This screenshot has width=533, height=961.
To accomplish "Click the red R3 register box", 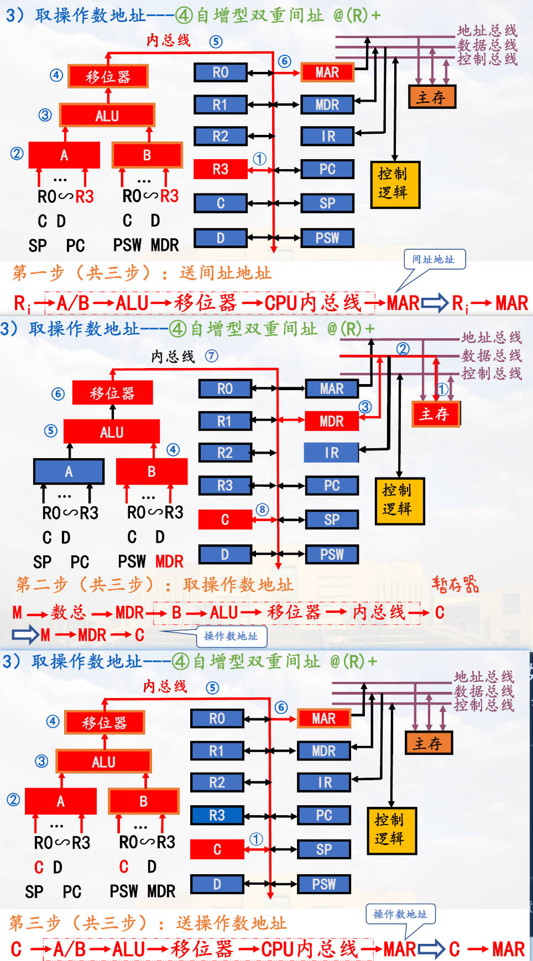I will point(220,169).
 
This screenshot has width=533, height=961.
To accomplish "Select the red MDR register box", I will point(331,421).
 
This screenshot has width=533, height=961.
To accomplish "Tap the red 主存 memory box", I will point(435,414).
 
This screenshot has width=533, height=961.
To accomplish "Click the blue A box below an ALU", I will point(69,471).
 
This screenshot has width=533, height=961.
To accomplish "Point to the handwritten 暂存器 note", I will point(455,584).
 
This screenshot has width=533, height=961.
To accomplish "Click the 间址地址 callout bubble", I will point(433,259).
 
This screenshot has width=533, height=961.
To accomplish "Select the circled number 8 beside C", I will point(262,509).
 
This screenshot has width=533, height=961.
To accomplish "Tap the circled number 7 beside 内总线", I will point(211,356).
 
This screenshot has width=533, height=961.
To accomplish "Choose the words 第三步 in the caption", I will point(35,922).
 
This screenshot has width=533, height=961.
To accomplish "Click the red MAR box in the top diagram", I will point(327,72).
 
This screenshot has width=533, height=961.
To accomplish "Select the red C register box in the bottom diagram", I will point(217,849).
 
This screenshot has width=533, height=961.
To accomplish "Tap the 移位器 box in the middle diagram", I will point(112,393).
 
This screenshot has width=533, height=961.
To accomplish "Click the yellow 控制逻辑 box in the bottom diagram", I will point(390,830).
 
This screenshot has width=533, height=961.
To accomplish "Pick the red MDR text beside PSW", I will point(169,561).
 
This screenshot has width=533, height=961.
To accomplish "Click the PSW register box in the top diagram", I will point(327,238).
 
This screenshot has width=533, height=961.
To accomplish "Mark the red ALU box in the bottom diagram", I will point(103,762).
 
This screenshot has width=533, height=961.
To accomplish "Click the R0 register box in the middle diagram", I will point(225,388).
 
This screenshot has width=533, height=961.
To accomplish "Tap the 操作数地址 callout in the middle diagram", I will point(231,636).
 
